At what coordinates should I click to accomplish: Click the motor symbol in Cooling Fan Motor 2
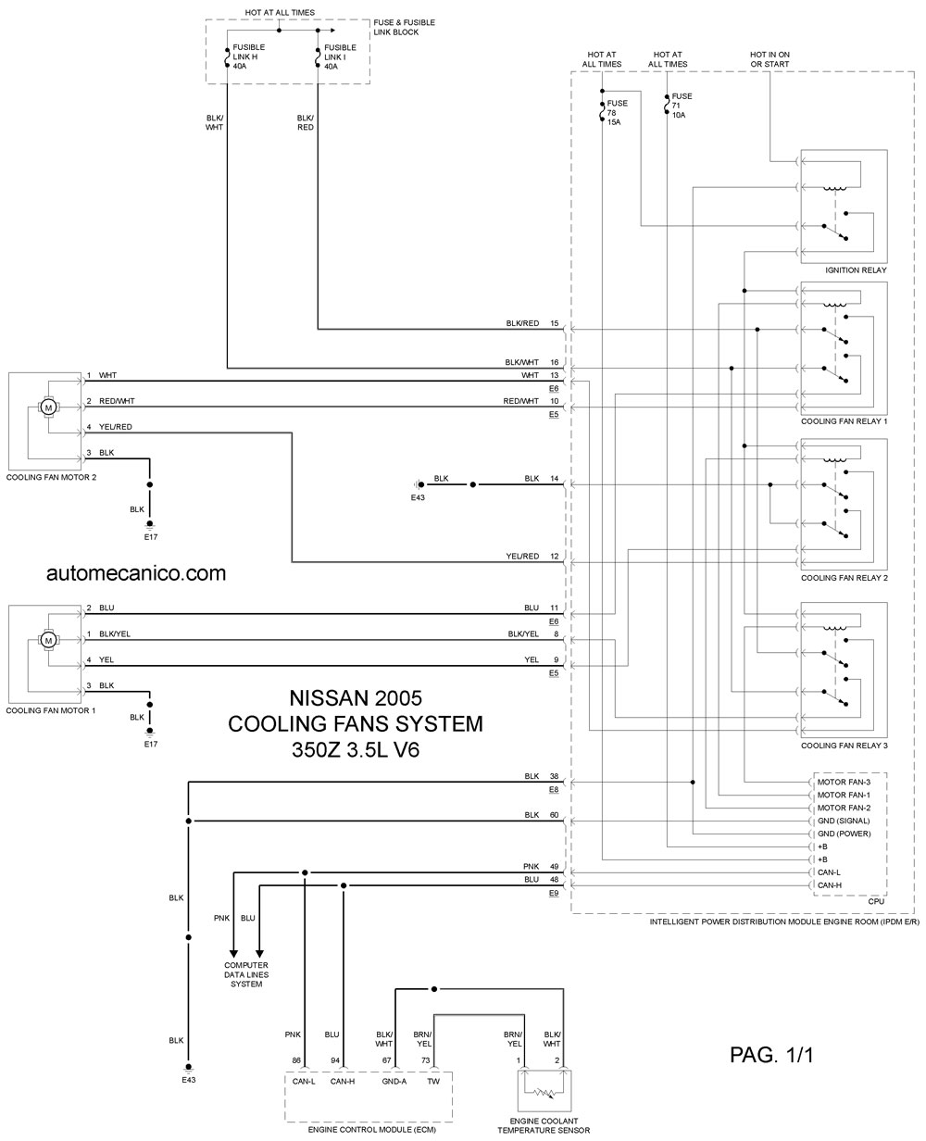tap(48, 407)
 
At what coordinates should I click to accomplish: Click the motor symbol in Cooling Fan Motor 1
tap(48, 640)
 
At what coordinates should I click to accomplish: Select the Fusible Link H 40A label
tap(248, 56)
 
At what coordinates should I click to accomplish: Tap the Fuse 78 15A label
tap(617, 112)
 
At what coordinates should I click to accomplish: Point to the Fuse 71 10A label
tap(682, 106)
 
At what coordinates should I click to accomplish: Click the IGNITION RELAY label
tap(856, 270)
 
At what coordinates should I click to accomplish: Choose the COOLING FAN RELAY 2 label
tap(845, 578)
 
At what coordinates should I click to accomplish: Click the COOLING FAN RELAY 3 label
tap(845, 746)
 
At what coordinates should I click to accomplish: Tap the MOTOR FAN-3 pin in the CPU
tap(844, 782)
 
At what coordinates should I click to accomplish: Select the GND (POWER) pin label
tap(844, 834)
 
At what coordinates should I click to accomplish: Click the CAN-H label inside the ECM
tap(343, 1081)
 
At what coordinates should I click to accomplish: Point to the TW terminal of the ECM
tap(432, 1081)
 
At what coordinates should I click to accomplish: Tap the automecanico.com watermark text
tap(136, 573)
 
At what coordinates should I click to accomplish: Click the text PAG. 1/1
tap(771, 1055)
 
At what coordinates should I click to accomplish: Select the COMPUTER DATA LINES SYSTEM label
tap(245, 974)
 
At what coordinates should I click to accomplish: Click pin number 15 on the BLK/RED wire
tap(555, 323)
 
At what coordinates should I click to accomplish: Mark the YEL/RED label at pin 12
tap(522, 556)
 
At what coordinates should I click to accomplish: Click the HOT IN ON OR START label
tap(770, 59)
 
